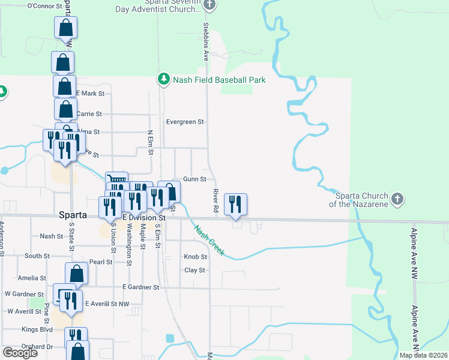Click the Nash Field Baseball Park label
click(219, 80)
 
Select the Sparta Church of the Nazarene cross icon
click(397, 199)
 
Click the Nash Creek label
click(208, 240)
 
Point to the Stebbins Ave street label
click(206, 42)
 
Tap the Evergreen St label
click(185, 122)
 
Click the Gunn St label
click(194, 179)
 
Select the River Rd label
click(214, 202)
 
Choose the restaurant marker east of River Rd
click(235, 204)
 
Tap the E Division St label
click(143, 218)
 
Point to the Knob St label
click(195, 257)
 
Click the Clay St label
click(194, 270)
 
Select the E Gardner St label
click(140, 287)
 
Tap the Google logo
click(20, 353)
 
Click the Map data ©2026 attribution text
click(423, 355)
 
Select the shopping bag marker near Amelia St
click(77, 273)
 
